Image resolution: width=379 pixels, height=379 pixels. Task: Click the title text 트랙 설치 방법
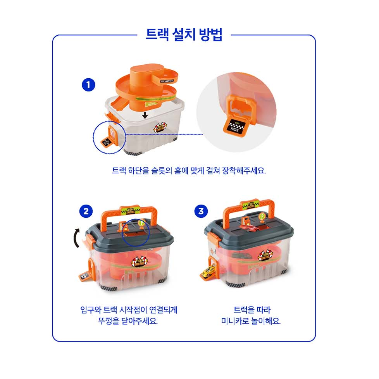[x=184, y=34]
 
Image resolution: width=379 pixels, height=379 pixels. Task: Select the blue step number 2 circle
[x=86, y=211]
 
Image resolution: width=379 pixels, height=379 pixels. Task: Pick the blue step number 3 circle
[x=201, y=211]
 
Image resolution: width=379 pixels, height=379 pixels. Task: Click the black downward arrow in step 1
[x=145, y=115]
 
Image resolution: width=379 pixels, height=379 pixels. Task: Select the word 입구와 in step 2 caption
[x=90, y=310]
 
